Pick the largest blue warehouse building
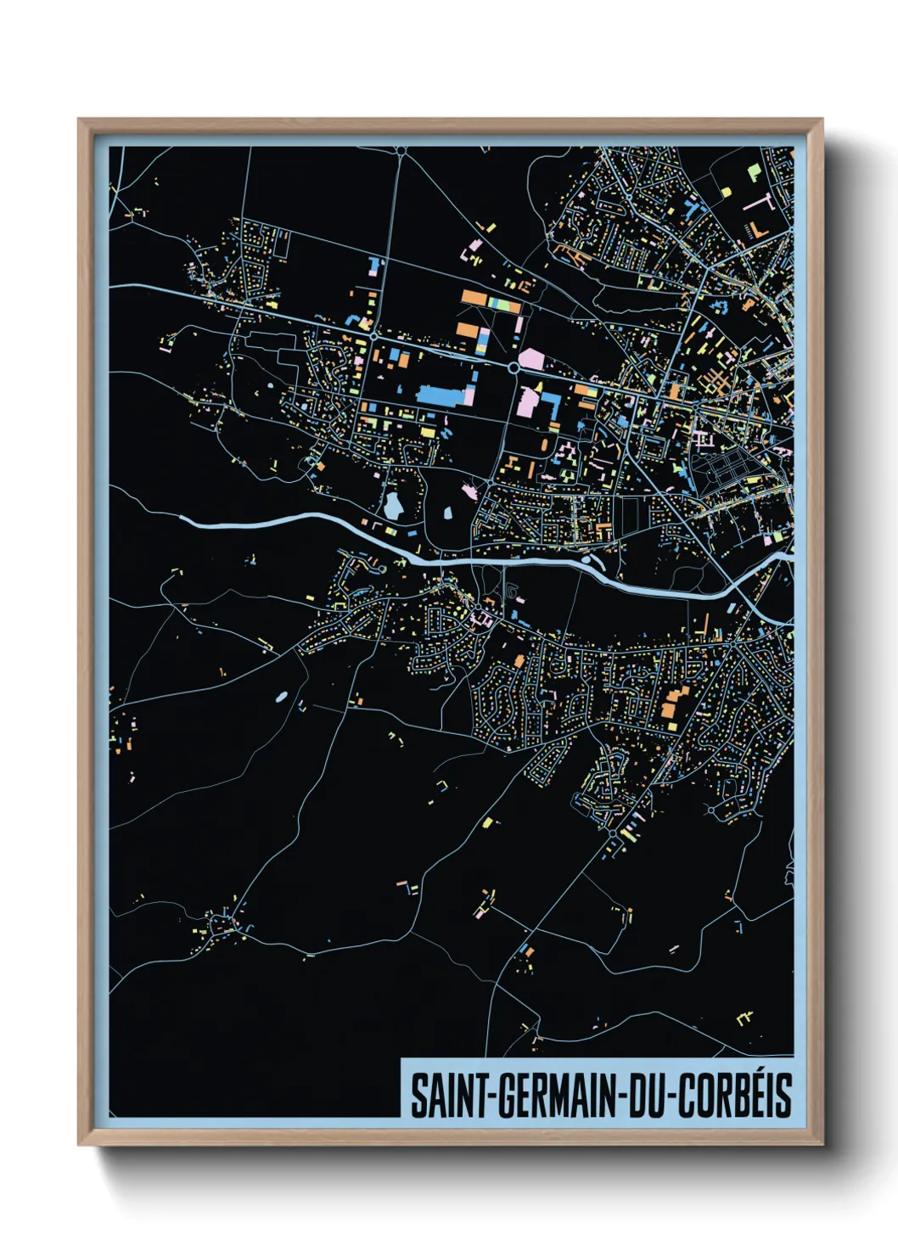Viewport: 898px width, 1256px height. pyautogui.click(x=441, y=395)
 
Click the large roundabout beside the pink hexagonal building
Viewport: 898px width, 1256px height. pyautogui.click(x=514, y=367)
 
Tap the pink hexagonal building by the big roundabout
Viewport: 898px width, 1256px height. pyautogui.click(x=531, y=358)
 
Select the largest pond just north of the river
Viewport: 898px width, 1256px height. pyautogui.click(x=393, y=507)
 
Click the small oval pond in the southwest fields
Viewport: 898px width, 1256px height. pyautogui.click(x=281, y=697)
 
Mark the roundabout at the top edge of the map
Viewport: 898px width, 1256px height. pyautogui.click(x=401, y=151)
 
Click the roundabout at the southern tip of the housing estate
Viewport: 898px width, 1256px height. pyautogui.click(x=613, y=835)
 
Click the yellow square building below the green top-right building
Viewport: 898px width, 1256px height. pyautogui.click(x=726, y=193)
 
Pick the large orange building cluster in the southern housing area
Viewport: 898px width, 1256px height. pyautogui.click(x=675, y=704)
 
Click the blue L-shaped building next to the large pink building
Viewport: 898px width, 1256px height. pyautogui.click(x=551, y=401)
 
